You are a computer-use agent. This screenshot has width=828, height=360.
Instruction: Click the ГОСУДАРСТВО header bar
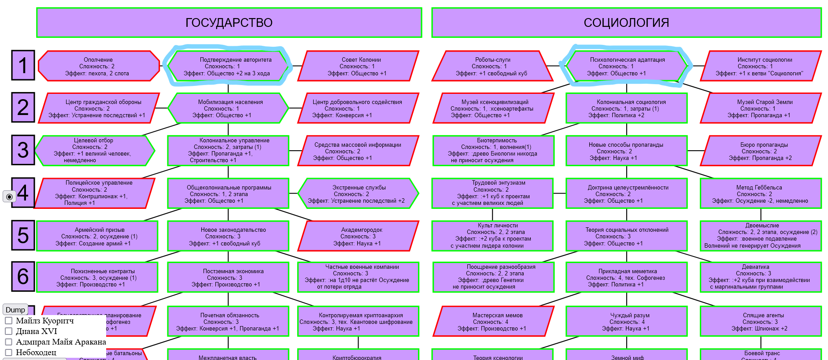[229, 22]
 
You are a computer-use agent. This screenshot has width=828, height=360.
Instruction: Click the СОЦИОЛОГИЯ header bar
[626, 22]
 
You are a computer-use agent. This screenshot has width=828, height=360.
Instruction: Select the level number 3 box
[23, 150]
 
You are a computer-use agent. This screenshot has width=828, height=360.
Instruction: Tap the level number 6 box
[23, 276]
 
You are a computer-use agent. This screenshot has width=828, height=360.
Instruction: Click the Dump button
[15, 309]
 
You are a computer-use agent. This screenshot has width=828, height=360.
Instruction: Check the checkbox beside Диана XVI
[8, 331]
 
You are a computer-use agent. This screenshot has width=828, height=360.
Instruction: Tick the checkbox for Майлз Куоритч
[8, 320]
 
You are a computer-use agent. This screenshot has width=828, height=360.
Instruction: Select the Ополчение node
[99, 66]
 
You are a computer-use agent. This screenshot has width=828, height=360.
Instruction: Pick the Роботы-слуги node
[492, 66]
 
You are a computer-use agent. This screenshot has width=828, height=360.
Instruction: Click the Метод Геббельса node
[761, 193]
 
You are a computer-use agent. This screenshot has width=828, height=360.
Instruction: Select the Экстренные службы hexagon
[358, 193]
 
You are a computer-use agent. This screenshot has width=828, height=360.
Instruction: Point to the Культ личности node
[492, 235]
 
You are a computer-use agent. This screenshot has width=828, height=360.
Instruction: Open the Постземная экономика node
[228, 277]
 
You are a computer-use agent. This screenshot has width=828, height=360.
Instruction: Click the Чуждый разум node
[626, 321]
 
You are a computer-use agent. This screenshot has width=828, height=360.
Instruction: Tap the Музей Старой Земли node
[761, 108]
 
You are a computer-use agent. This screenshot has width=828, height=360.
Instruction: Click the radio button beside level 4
[9, 197]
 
